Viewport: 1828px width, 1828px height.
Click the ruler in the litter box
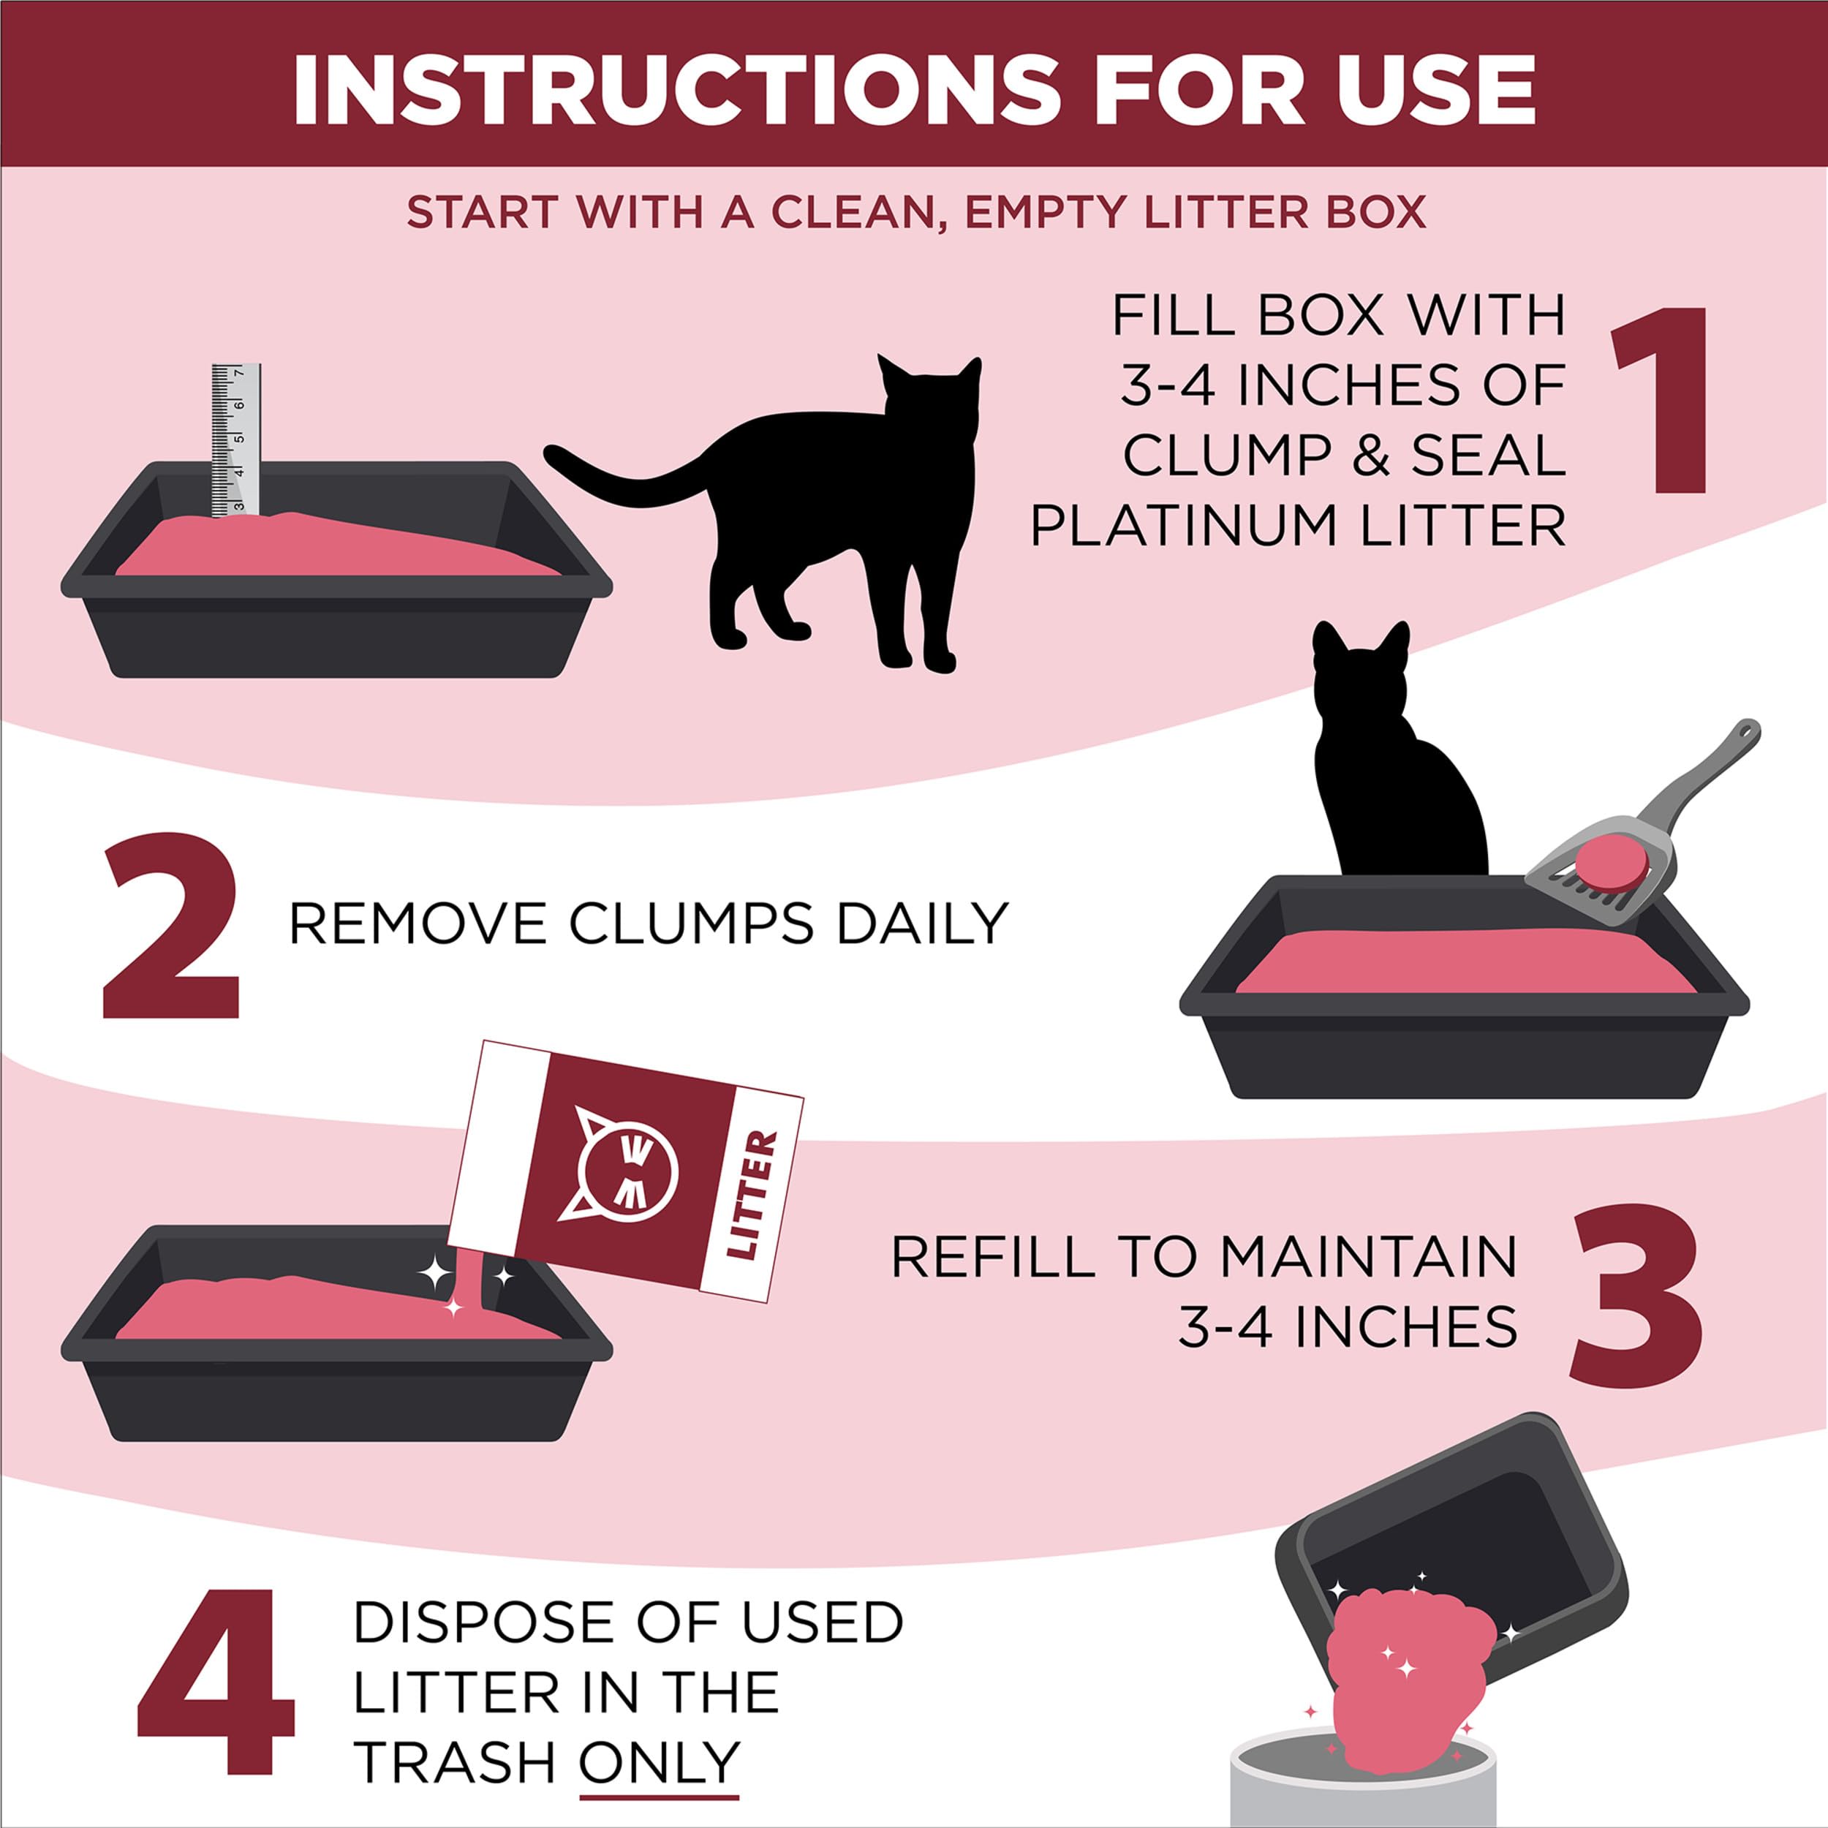[235, 439]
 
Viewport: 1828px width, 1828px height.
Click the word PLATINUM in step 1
[1185, 525]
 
